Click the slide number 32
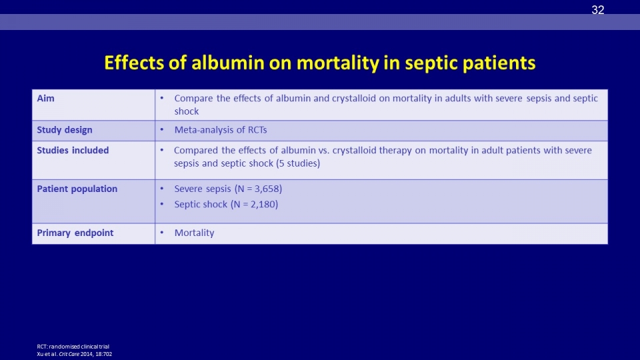coord(597,10)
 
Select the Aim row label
coord(45,99)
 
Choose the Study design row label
coord(65,130)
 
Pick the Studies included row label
coord(73,150)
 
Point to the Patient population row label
coord(77,189)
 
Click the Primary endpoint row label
coord(75,233)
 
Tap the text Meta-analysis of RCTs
coord(221,130)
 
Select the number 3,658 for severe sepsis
coord(266,189)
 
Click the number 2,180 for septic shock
coord(262,204)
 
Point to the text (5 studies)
coord(298,163)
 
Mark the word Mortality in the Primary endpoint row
coord(194,233)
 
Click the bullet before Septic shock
coord(161,204)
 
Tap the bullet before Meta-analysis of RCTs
coord(161,129)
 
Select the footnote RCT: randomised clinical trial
coord(73,347)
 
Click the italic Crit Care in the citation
coord(69,354)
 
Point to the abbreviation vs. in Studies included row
coord(324,150)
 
